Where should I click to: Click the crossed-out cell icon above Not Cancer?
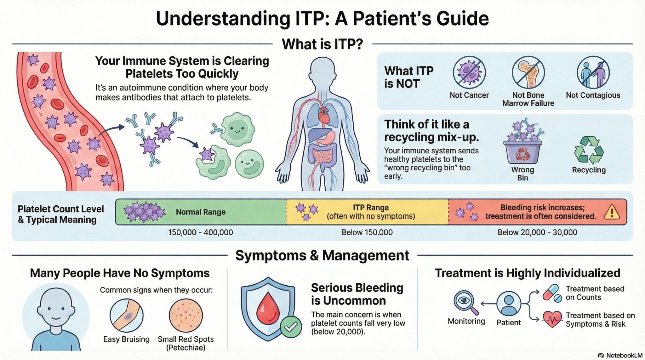(469, 72)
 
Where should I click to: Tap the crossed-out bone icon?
(528, 72)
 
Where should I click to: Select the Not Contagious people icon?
(593, 72)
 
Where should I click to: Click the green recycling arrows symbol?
(588, 150)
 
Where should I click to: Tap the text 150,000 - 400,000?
(201, 232)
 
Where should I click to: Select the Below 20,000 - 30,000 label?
(537, 232)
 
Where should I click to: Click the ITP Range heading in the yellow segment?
(371, 208)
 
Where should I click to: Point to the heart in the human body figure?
(324, 115)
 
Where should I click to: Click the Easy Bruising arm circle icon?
(126, 315)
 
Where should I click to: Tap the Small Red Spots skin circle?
(186, 315)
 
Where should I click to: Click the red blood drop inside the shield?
(268, 309)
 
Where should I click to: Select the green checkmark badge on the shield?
(291, 327)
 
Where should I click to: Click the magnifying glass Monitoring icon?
(465, 302)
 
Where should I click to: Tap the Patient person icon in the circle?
(509, 303)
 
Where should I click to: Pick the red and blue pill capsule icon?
(552, 293)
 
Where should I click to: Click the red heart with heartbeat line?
(552, 319)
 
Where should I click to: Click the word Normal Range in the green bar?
(201, 212)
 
